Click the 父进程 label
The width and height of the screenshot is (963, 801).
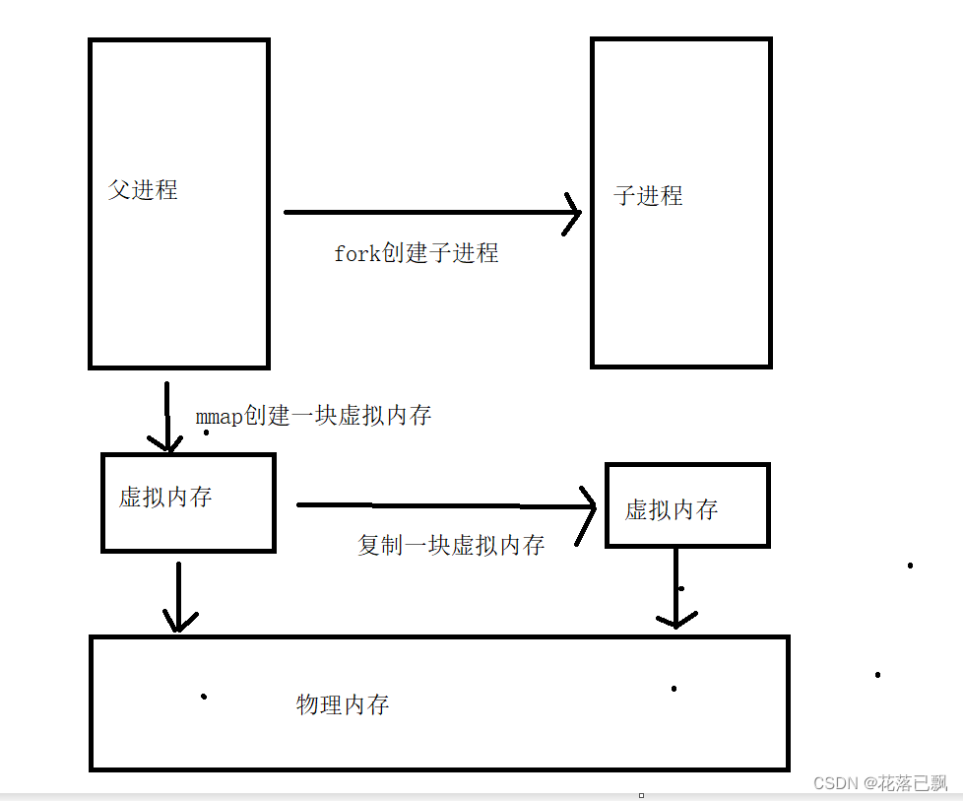pyautogui.click(x=143, y=190)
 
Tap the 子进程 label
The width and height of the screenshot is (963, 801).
pyautogui.click(x=648, y=196)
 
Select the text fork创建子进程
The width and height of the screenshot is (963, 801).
pyautogui.click(x=417, y=253)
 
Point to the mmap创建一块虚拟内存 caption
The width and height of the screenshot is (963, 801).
pyautogui.click(x=313, y=416)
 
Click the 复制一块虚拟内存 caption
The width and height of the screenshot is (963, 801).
pyautogui.click(x=451, y=545)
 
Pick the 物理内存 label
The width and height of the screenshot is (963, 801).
pyautogui.click(x=343, y=704)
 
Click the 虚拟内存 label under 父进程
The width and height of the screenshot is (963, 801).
pyautogui.click(x=165, y=497)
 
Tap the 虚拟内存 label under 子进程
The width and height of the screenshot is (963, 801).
pyautogui.click(x=672, y=509)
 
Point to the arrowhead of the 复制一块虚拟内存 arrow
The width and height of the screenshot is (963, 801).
pyautogui.click(x=589, y=508)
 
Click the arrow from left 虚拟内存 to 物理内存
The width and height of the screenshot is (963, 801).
pyautogui.click(x=178, y=596)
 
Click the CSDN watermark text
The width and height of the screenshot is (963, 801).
pyautogui.click(x=835, y=783)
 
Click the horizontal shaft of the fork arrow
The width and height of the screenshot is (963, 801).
pyautogui.click(x=423, y=212)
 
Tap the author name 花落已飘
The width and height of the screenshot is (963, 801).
pyautogui.click(x=914, y=783)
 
